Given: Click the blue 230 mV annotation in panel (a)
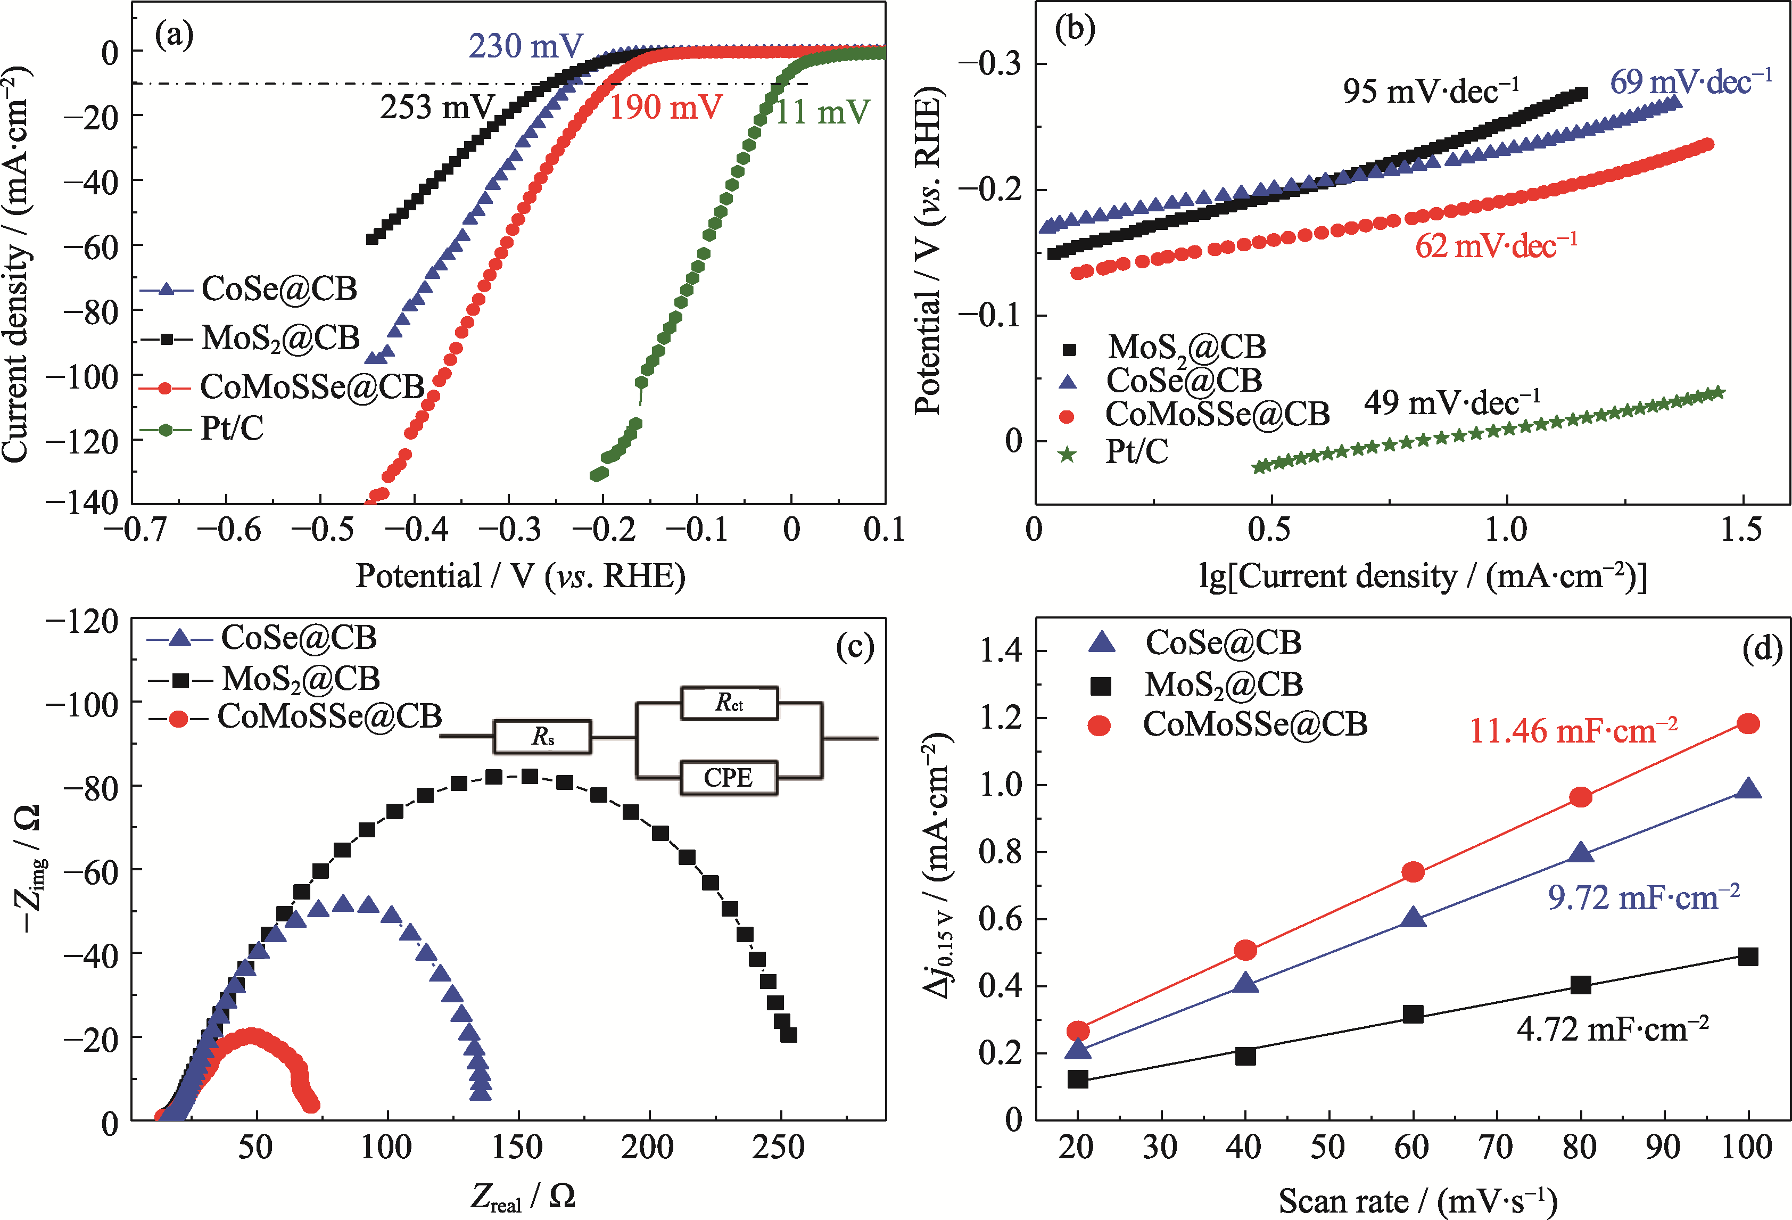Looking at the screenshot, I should tap(526, 46).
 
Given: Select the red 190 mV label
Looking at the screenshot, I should tap(665, 107).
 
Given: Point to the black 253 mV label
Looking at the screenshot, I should tap(436, 107).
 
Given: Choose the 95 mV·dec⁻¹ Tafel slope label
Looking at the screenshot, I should tap(1431, 92).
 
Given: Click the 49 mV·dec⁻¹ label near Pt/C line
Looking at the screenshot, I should tap(1452, 402).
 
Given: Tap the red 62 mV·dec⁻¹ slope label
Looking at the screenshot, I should tap(1496, 246).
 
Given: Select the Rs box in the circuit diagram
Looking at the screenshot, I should tap(543, 737).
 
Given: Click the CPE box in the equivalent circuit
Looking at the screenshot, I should tap(728, 777).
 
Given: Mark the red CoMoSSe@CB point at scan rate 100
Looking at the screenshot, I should tap(1748, 723).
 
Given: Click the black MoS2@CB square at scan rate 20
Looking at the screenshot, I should tap(1078, 1079).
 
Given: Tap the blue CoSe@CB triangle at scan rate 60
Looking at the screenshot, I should tap(1413, 918).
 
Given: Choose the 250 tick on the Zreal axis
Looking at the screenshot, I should tap(779, 1148).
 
